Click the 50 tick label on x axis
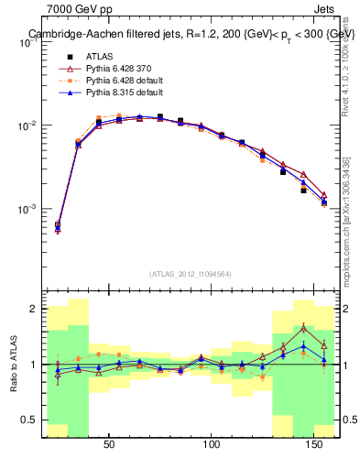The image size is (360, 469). coord(109,446)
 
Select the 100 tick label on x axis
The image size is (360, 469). coord(213,446)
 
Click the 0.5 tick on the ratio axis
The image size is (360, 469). coord(30,420)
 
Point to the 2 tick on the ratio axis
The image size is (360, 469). coord(34,310)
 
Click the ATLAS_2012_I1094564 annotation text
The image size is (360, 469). coord(191,273)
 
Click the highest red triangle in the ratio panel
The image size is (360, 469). coord(303,327)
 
